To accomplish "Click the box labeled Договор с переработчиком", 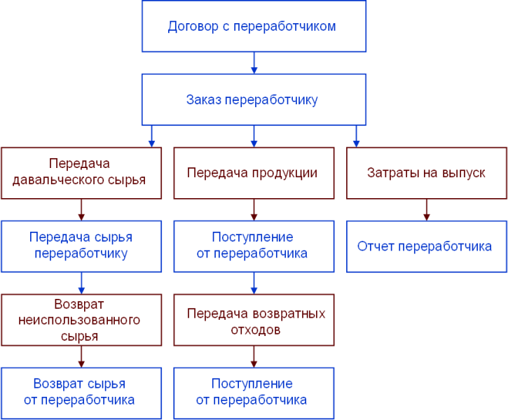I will tap(254, 27).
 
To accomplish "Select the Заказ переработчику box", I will tap(254, 99).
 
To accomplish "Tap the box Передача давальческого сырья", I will tap(81, 171).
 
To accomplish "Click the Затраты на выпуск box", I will tap(426, 172).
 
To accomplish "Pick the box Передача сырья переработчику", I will tap(81, 246).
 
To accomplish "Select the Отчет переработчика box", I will tap(426, 246).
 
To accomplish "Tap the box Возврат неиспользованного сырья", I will tap(81, 320).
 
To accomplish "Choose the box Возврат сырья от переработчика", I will tap(81, 393).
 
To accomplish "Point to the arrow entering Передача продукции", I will tap(254, 136).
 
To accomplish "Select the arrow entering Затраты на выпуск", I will tap(357, 136).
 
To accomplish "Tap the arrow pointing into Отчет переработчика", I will tap(426, 209).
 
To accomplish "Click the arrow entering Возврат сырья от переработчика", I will tap(81, 356).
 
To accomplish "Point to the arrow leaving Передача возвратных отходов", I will tap(254, 356).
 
